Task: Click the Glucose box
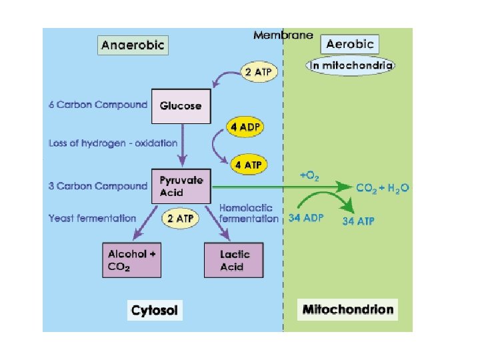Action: [180, 106]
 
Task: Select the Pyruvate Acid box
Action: [181, 187]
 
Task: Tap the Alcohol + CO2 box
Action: [135, 261]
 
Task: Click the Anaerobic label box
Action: [133, 45]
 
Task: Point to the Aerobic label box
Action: [350, 45]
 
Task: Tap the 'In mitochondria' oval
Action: [351, 65]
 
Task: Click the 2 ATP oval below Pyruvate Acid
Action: [181, 217]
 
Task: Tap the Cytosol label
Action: [155, 309]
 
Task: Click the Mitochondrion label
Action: [348, 309]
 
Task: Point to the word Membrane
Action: [283, 35]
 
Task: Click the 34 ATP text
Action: [358, 221]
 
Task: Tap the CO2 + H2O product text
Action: [383, 188]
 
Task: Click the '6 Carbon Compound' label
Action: [98, 105]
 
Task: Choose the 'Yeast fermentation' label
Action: [92, 218]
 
